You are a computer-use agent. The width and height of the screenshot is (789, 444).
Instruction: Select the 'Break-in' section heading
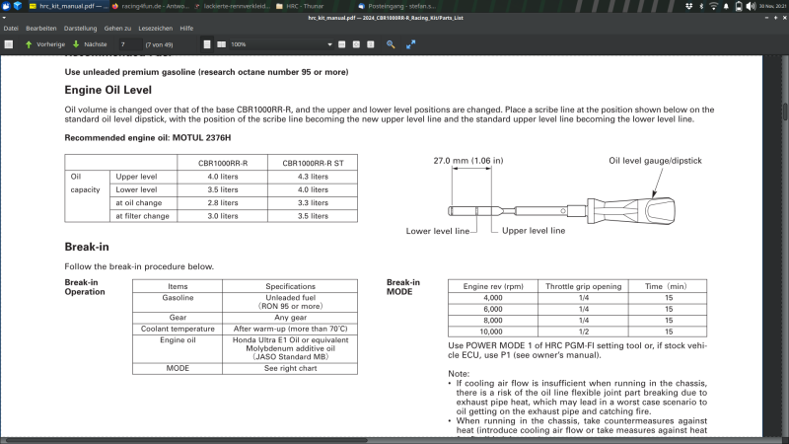click(87, 246)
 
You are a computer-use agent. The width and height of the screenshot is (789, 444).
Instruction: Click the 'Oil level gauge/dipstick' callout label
click(655, 160)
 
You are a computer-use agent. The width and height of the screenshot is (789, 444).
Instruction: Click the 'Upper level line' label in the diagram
click(534, 230)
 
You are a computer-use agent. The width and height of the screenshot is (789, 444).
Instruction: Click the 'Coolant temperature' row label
click(178, 329)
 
